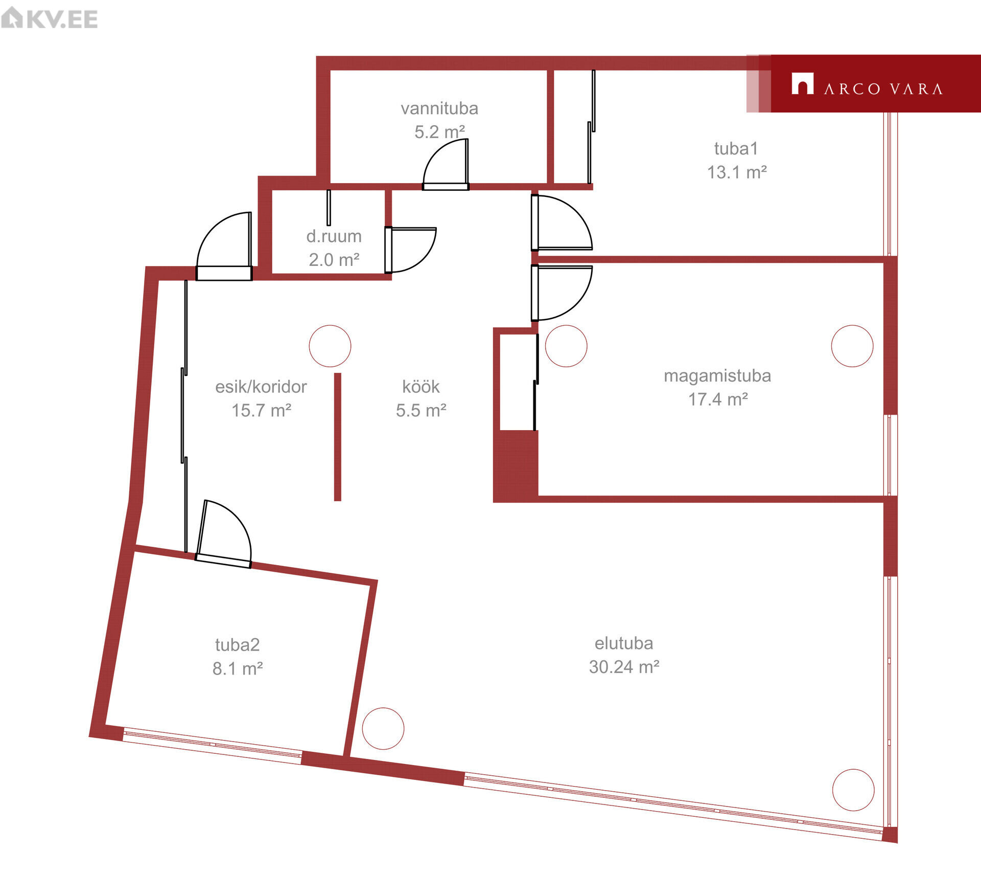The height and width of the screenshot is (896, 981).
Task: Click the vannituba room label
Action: (439, 108)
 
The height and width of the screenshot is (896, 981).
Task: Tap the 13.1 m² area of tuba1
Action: (737, 172)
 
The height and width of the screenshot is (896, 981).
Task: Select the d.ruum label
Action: (334, 236)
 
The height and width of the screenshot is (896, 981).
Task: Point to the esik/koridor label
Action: (261, 387)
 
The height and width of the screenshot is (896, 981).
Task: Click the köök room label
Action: (421, 387)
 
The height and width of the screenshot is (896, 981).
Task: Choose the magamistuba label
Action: (717, 376)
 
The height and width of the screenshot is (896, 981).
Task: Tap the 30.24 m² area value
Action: (624, 667)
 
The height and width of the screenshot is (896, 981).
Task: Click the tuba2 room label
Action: (238, 645)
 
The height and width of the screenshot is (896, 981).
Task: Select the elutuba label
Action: (624, 643)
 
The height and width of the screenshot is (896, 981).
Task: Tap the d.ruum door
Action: (410, 250)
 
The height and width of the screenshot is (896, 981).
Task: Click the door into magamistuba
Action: (562, 293)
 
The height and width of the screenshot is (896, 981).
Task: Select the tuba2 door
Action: (224, 534)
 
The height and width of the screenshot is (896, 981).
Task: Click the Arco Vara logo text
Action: (883, 89)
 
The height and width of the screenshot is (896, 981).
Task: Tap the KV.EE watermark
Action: (50, 18)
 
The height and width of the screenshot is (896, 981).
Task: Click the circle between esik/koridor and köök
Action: (330, 346)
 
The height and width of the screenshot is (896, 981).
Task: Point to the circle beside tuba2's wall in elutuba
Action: (383, 729)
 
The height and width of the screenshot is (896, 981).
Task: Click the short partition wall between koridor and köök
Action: (338, 437)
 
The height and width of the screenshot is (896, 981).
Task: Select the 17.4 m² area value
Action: (718, 399)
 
